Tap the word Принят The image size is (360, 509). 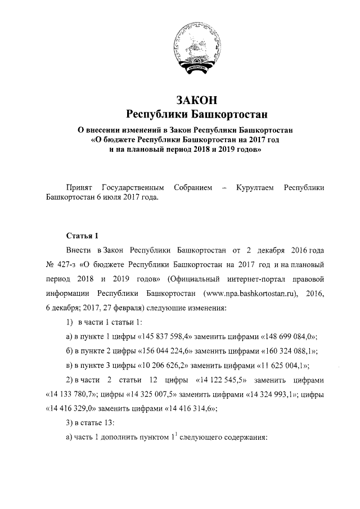[x=79, y=187]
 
